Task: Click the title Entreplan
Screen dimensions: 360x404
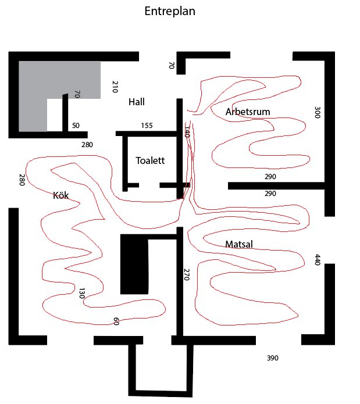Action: [170, 12]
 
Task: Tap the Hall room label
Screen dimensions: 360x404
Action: [137, 102]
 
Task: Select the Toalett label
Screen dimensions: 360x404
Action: [150, 160]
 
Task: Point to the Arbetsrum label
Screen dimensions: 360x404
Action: [248, 112]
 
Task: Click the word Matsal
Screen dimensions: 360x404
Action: [239, 244]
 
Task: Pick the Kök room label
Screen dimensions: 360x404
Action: [61, 195]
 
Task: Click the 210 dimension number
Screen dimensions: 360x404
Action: [115, 87]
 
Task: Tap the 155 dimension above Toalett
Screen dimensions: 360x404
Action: [147, 126]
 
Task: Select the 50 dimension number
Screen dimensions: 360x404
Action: [76, 126]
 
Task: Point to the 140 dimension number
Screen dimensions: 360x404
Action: [187, 132]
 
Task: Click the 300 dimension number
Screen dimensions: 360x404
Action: [317, 112]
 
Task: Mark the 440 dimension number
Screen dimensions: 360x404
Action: [317, 260]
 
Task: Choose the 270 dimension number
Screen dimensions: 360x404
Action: [187, 274]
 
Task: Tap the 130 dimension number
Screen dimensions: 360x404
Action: [81, 293]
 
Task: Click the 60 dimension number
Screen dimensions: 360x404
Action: [116, 321]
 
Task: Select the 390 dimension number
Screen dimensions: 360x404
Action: [272, 358]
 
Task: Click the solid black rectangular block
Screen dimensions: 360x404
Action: [134, 264]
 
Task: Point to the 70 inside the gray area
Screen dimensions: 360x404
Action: [77, 94]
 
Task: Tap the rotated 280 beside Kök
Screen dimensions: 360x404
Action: [22, 180]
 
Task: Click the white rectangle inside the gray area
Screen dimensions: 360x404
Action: [55, 115]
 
